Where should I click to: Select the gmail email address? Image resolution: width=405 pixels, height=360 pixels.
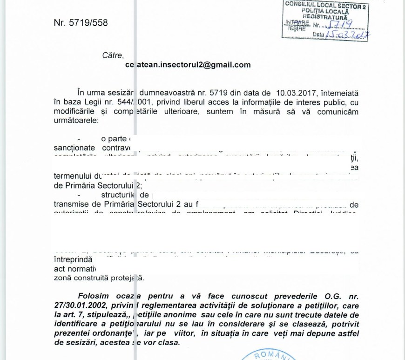pyautogui.click(x=188, y=65)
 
